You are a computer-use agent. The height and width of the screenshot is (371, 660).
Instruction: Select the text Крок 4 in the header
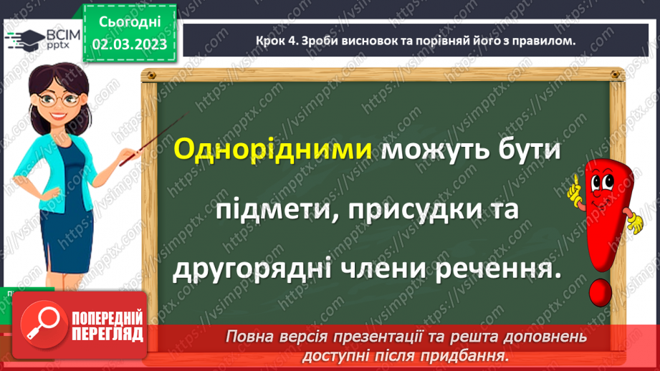click(x=275, y=41)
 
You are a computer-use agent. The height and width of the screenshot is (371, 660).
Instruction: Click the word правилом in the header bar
click(x=543, y=41)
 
